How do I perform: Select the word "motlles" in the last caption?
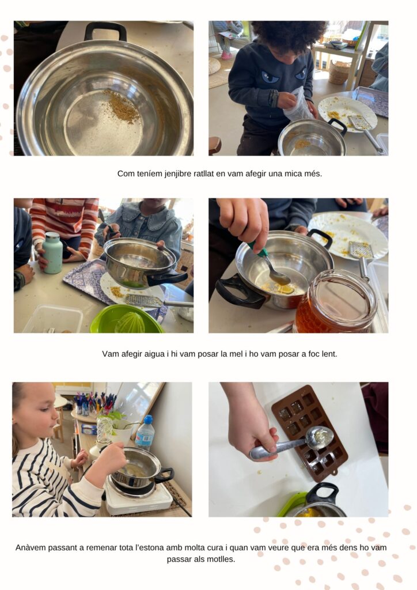[x=221, y=559]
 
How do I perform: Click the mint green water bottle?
[x=52, y=252]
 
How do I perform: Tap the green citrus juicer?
[x=126, y=319]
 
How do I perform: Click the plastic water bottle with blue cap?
[x=145, y=433]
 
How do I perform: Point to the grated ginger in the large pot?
[x=121, y=106]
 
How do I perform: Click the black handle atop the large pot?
[x=105, y=31]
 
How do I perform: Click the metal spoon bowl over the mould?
[x=319, y=438]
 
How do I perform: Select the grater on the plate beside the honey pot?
[x=361, y=250]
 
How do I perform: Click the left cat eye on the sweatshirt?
[x=270, y=78]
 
